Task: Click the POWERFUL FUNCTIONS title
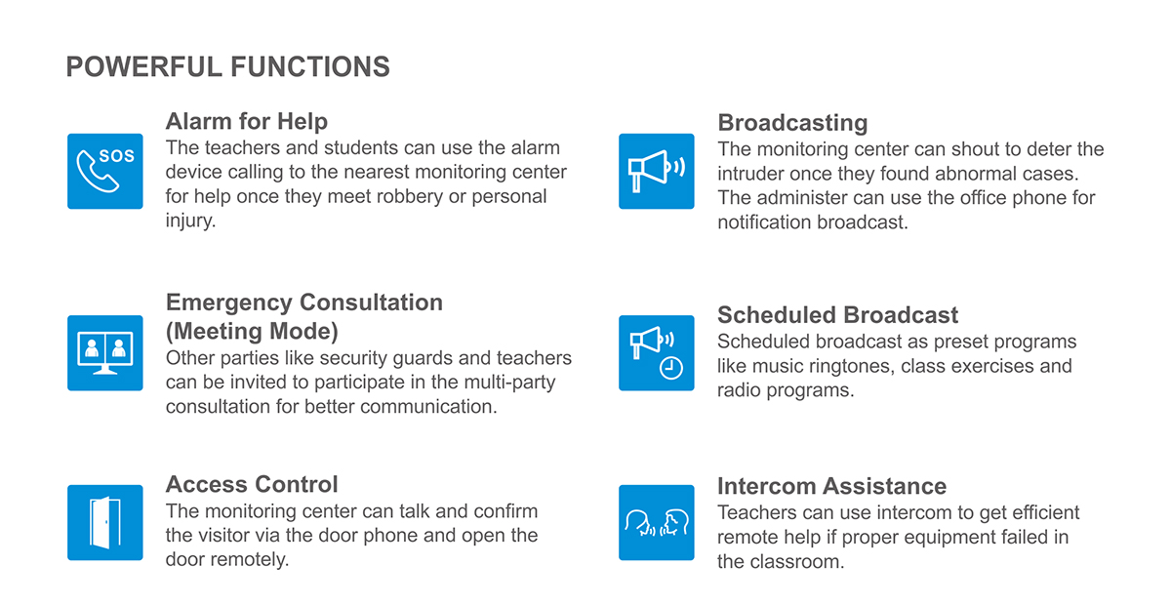(x=227, y=67)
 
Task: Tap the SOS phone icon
(x=105, y=171)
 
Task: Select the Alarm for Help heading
(x=246, y=121)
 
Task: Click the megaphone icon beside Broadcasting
(x=657, y=171)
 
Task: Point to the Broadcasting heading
(x=792, y=123)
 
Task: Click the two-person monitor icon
(x=105, y=353)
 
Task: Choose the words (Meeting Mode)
(x=252, y=331)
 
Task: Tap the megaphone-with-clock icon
(x=657, y=353)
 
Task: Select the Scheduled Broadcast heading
(x=837, y=315)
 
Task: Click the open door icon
(x=105, y=522)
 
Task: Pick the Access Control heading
(x=252, y=484)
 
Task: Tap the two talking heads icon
(x=657, y=522)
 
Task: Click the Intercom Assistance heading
(x=831, y=486)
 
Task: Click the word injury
(x=189, y=222)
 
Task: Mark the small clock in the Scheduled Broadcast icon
(x=671, y=368)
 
